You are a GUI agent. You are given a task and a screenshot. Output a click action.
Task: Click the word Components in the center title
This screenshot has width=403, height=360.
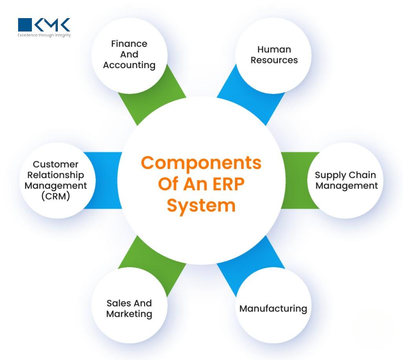201,163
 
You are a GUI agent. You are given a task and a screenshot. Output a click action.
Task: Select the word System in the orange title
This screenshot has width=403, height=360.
201,206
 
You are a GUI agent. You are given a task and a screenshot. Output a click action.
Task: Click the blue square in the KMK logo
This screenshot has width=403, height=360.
25,25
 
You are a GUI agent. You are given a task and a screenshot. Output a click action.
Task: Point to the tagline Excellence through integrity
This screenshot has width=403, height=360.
44,35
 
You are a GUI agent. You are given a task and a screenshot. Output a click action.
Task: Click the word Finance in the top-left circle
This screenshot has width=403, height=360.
129,44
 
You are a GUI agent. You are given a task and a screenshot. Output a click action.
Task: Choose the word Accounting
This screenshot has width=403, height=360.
129,65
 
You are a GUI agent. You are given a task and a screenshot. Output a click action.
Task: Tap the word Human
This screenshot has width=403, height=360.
274,50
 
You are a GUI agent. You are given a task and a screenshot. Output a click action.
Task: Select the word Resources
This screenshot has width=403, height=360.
274,60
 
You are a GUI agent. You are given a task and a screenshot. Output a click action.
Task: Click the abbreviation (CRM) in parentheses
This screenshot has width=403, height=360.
55,196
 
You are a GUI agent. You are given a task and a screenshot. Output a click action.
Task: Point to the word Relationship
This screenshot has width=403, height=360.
55,175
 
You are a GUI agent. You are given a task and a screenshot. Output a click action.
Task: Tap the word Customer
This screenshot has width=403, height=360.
55,164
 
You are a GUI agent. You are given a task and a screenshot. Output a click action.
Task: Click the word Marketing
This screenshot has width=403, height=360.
129,314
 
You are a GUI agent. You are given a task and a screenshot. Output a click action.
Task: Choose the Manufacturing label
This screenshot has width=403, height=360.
273,308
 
